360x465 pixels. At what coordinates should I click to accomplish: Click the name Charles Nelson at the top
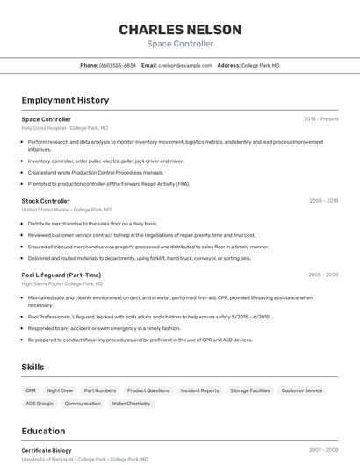179,29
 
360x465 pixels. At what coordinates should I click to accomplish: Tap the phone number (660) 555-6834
118,65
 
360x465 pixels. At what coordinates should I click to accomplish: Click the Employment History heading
65,100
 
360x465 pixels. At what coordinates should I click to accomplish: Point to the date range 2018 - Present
320,119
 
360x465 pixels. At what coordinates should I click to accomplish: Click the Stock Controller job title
46,201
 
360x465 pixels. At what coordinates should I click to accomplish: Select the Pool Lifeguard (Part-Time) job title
61,275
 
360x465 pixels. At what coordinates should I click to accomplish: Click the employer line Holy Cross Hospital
58,128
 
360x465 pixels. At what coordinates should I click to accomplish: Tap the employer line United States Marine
66,210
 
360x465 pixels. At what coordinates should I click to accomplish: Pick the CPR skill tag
31,390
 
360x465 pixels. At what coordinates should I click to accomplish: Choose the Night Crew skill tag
60,390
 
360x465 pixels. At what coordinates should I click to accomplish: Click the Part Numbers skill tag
99,390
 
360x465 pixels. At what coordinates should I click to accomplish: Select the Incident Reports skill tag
199,390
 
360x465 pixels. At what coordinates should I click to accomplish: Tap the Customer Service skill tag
301,390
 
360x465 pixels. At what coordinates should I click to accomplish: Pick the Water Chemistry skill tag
131,404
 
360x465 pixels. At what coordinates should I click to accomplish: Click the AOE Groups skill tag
40,404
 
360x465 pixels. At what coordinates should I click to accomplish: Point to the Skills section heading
32,367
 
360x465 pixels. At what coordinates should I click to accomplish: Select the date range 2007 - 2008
322,450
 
